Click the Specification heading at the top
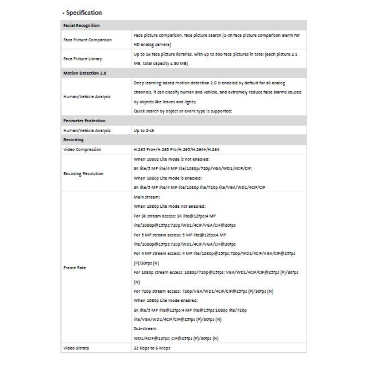[81, 13]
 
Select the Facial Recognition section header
[82, 25]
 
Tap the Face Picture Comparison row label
[87, 40]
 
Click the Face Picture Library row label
[83, 59]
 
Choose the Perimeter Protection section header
[84, 121]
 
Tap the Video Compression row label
[82, 149]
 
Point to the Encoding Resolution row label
[83, 173]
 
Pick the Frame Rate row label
[74, 268]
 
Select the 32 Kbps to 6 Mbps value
[152, 348]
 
